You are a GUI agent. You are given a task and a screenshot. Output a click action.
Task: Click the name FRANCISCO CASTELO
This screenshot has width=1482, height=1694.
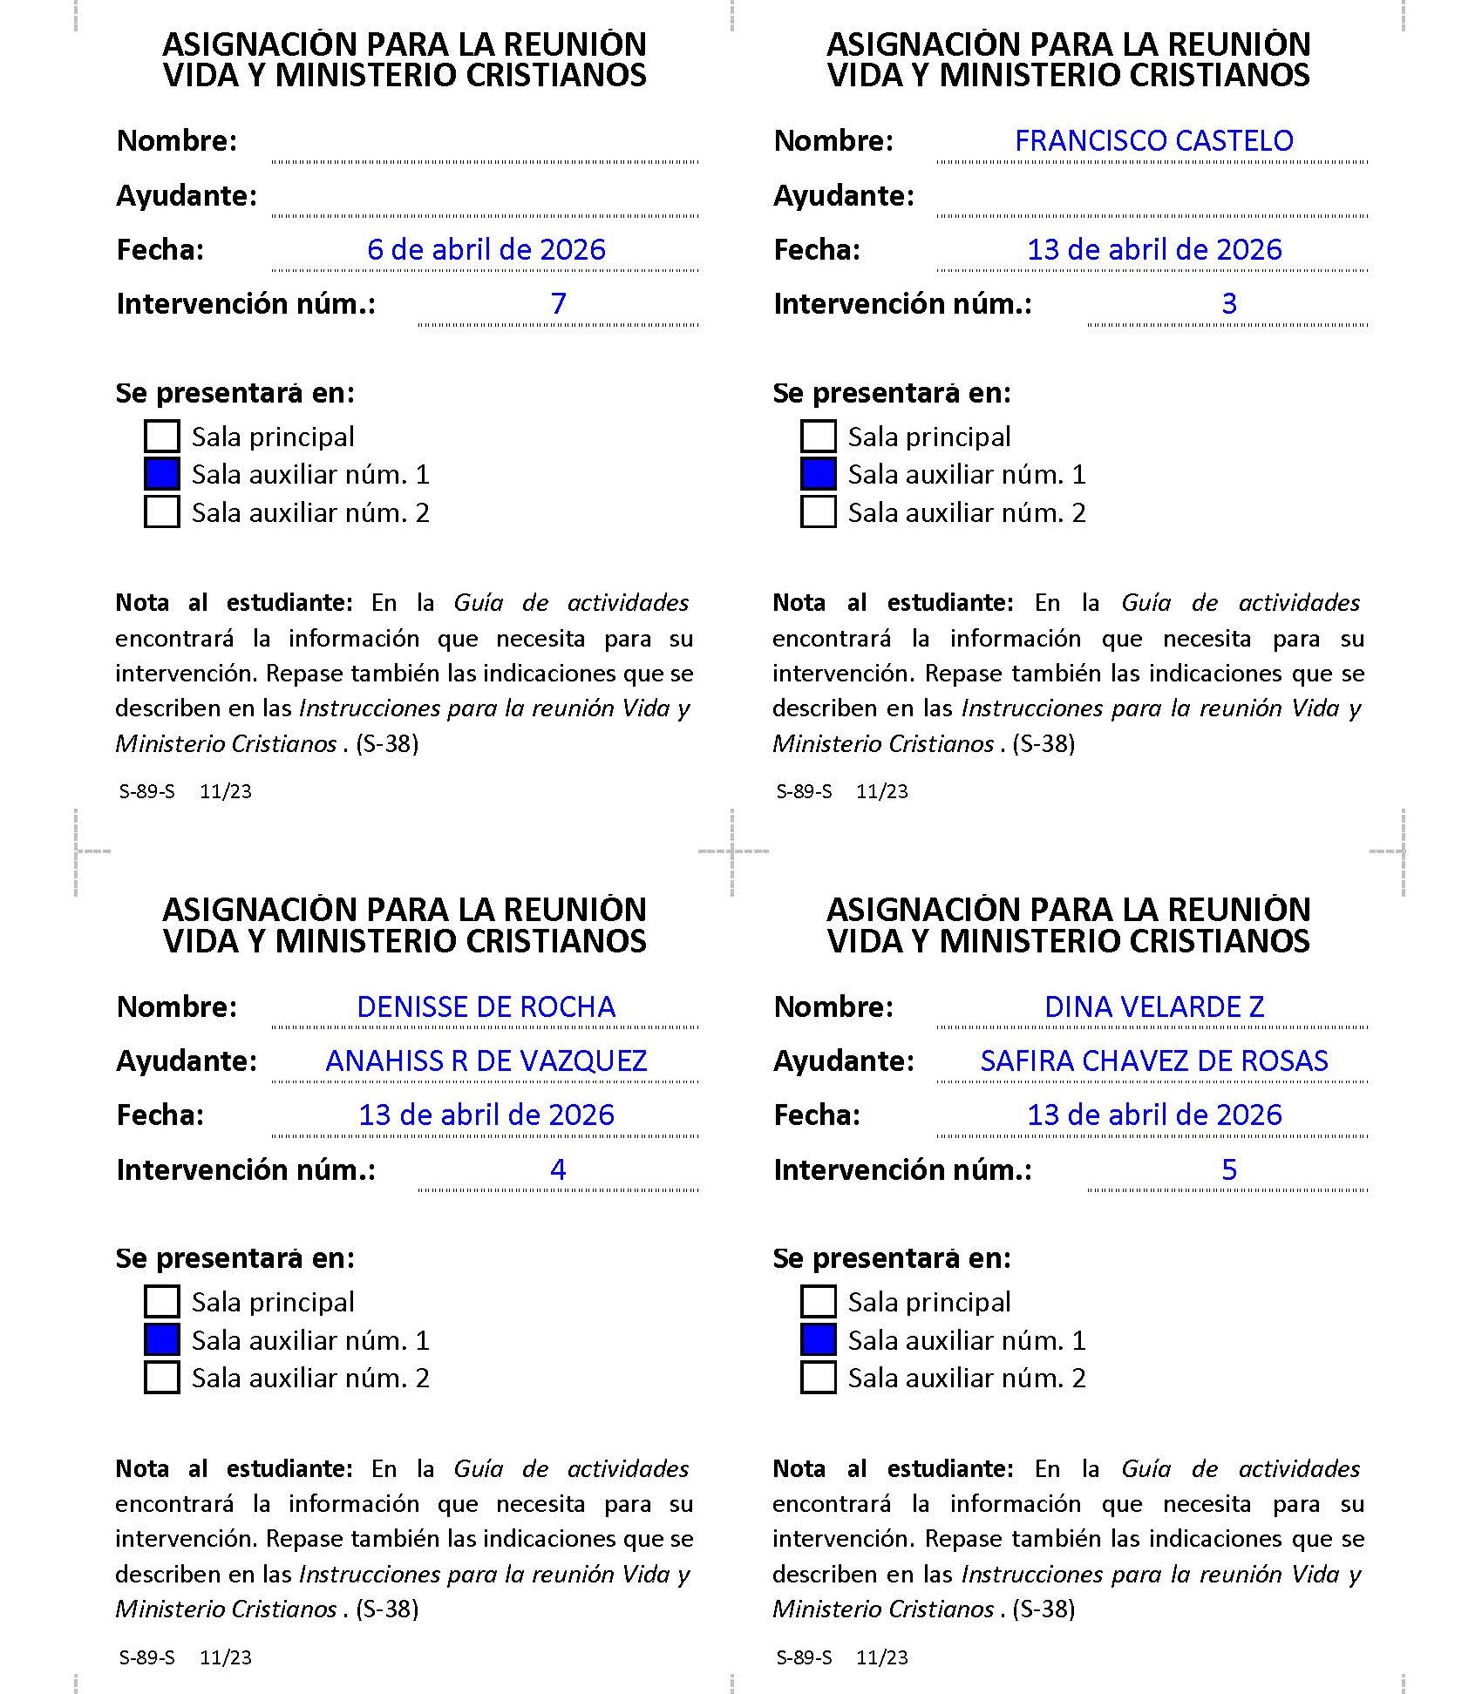[x=1153, y=141]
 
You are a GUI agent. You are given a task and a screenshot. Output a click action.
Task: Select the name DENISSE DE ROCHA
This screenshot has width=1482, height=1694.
[x=486, y=1007]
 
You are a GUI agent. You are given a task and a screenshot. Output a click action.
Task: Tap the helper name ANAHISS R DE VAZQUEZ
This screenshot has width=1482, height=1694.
[x=486, y=1061]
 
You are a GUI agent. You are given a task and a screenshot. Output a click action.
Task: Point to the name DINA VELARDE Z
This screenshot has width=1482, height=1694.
[x=1153, y=1007]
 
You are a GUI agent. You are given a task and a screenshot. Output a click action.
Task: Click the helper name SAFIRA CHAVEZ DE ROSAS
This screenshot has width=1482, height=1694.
[x=1153, y=1061]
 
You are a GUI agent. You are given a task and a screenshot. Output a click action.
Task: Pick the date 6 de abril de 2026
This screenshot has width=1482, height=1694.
[x=486, y=250]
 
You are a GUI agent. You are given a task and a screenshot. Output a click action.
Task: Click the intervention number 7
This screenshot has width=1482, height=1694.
[x=558, y=304]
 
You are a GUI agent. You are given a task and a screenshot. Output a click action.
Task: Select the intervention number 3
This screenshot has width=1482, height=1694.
[x=1228, y=304]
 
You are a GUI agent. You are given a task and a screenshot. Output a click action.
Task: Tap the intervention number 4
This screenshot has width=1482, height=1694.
[x=558, y=1169]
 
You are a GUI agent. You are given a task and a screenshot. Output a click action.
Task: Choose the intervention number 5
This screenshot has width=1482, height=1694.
[x=1228, y=1169]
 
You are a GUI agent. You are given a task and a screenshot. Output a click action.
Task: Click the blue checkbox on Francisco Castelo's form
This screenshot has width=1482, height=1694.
[x=818, y=474]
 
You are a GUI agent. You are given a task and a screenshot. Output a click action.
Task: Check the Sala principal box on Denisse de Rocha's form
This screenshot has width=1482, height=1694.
[x=162, y=1302]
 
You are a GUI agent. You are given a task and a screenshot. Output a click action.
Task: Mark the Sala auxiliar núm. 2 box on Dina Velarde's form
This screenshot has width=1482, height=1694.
[x=818, y=1378]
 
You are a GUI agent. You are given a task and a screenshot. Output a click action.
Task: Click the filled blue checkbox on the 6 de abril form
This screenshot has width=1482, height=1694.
[x=162, y=474]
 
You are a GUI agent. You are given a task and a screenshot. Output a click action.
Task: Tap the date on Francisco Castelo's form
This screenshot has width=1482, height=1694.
[x=1153, y=250]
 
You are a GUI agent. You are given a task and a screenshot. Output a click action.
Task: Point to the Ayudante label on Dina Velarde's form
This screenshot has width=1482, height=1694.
[x=843, y=1061]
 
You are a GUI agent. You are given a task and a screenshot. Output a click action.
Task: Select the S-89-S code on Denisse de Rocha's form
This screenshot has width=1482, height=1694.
[x=146, y=1657]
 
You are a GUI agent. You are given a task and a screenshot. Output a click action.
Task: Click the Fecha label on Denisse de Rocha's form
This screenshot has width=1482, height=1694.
[x=160, y=1115]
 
